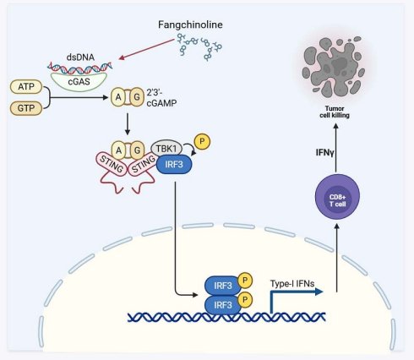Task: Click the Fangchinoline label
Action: point(190,25)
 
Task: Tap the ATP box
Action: point(26,86)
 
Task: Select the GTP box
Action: point(26,108)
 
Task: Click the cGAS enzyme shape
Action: point(79,81)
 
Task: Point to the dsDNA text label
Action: point(80,57)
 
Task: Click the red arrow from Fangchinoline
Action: point(147,49)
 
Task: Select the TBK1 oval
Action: point(166,149)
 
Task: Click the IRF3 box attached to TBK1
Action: point(174,164)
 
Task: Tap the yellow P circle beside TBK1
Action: point(202,141)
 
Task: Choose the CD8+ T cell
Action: point(337,197)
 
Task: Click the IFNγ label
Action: point(324,153)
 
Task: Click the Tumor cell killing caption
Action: point(335,112)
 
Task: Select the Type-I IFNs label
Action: point(292,283)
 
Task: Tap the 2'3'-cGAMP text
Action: point(161,98)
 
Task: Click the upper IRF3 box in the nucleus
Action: point(223,286)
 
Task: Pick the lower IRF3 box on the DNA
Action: point(223,305)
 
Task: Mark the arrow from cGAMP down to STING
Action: point(128,124)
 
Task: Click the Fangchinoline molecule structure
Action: point(199,46)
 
